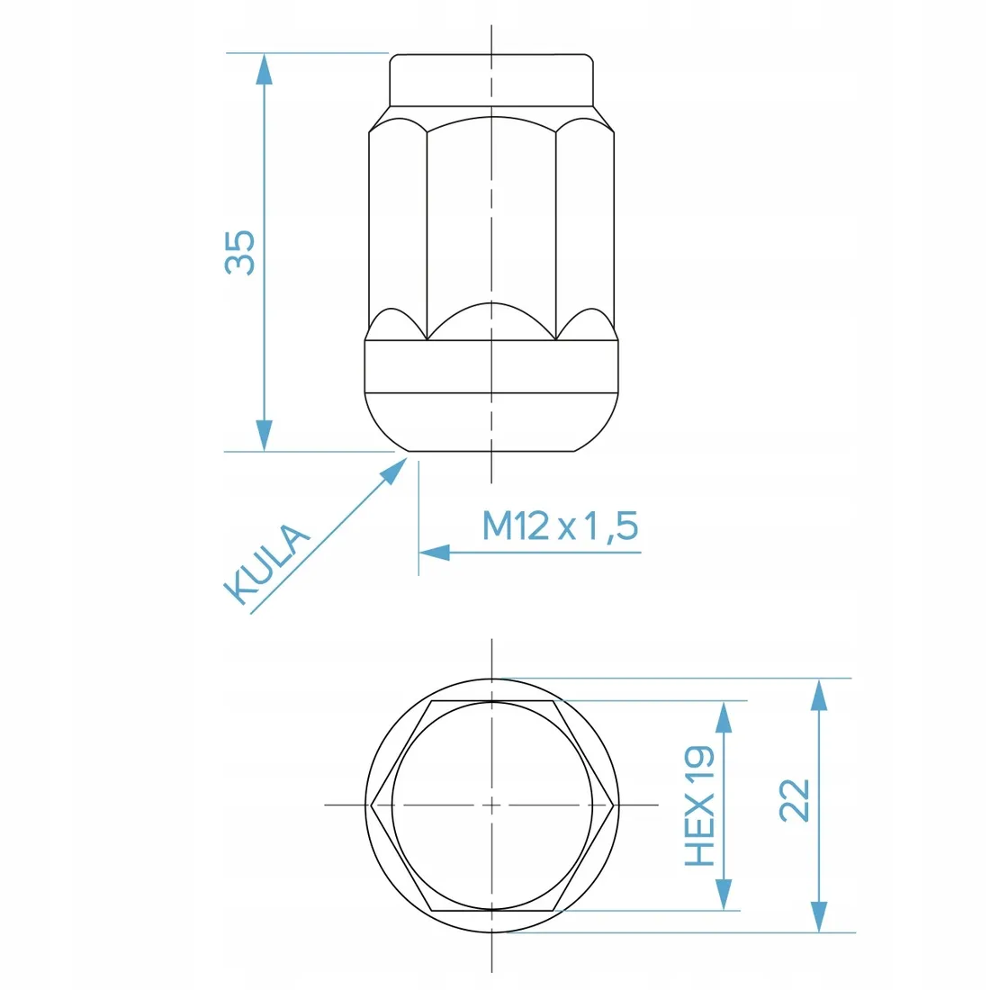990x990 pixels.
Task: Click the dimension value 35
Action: tap(240, 252)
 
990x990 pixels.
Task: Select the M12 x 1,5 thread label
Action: tap(560, 526)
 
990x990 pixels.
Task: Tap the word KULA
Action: tap(265, 564)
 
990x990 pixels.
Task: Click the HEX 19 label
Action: tap(700, 805)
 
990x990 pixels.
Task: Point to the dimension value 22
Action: tap(795, 800)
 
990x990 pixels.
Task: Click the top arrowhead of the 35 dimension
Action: tap(264, 68)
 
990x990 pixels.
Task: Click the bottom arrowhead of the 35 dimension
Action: tap(264, 436)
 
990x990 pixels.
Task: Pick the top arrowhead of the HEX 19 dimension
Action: tap(724, 715)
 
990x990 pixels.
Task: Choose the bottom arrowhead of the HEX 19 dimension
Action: tap(724, 895)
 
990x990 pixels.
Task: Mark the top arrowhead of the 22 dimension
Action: tap(818, 694)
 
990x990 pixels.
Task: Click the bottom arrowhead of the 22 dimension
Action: tap(818, 917)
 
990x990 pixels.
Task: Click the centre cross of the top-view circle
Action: tap(492, 805)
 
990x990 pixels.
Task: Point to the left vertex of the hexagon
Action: tap(371, 805)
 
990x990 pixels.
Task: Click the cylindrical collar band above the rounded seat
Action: tap(491, 367)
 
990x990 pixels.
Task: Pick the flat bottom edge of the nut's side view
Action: tap(491, 451)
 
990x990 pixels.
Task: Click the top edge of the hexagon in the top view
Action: tap(491, 699)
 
